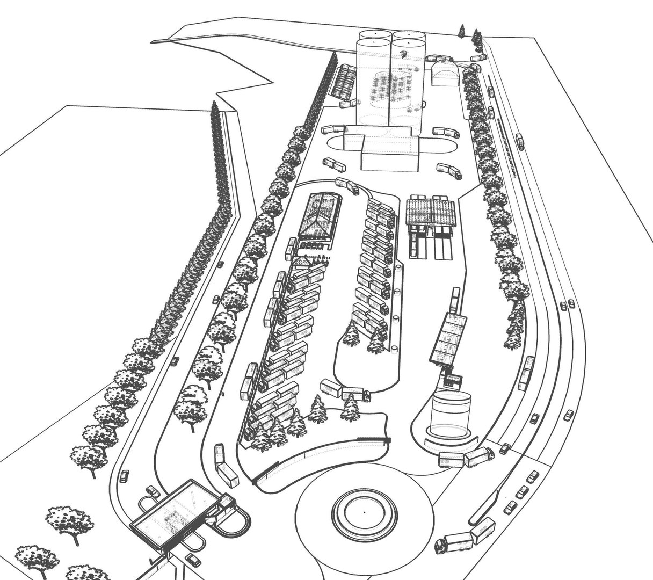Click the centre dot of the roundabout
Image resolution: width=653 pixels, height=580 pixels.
point(364,512)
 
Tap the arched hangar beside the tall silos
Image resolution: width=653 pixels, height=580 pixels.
point(443,74)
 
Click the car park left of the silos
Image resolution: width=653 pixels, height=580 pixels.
point(344,82)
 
